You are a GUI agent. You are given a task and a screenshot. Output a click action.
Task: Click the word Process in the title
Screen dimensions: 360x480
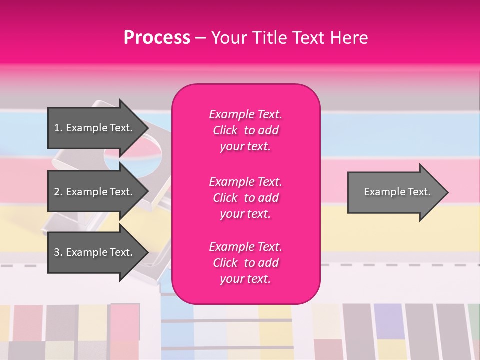pos(157,38)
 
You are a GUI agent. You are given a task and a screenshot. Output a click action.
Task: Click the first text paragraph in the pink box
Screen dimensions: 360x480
pos(245,130)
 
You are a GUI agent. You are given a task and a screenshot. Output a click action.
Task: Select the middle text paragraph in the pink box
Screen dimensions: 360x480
pos(245,198)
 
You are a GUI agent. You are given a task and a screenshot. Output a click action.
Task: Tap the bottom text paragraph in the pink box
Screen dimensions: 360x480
pos(245,263)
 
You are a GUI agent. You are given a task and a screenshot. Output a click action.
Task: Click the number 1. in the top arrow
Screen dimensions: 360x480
pos(58,128)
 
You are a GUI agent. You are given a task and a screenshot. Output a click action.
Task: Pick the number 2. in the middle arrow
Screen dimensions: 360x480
pos(58,192)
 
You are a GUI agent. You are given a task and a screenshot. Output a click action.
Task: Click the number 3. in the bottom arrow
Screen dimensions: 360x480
pos(58,252)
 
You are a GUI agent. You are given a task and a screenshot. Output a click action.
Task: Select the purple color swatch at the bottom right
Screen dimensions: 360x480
pos(388,320)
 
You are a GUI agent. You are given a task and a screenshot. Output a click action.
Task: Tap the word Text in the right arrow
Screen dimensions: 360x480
pos(420,192)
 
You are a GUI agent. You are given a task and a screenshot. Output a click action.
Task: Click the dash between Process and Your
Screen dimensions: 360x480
pos(201,38)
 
